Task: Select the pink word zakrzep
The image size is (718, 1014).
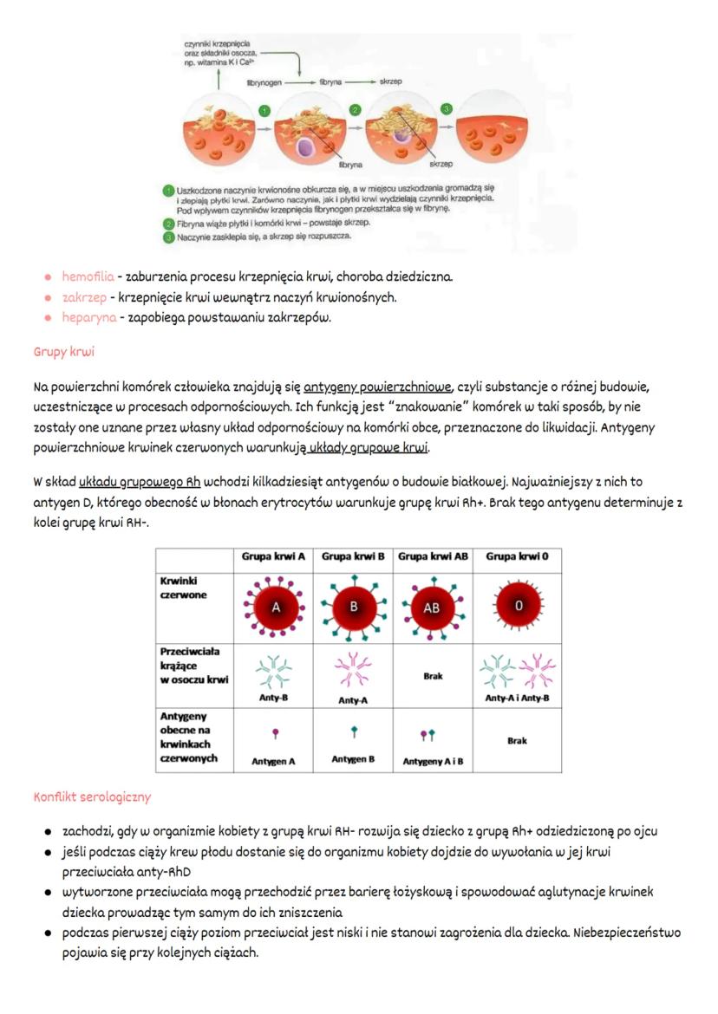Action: pyautogui.click(x=84, y=297)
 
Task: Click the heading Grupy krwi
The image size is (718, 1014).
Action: pyautogui.click(x=63, y=352)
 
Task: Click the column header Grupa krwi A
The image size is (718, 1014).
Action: pyautogui.click(x=273, y=556)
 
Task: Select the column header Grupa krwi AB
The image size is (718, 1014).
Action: pyautogui.click(x=433, y=556)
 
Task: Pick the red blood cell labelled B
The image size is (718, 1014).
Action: pyautogui.click(x=353, y=607)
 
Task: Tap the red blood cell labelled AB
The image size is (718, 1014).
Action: pyautogui.click(x=432, y=608)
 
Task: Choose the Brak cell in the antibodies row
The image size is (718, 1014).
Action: pyautogui.click(x=433, y=676)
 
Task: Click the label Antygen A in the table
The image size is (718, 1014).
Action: pyautogui.click(x=273, y=762)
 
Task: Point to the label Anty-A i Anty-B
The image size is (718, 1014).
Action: pyautogui.click(x=517, y=698)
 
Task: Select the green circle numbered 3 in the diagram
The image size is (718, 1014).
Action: pyautogui.click(x=447, y=108)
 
